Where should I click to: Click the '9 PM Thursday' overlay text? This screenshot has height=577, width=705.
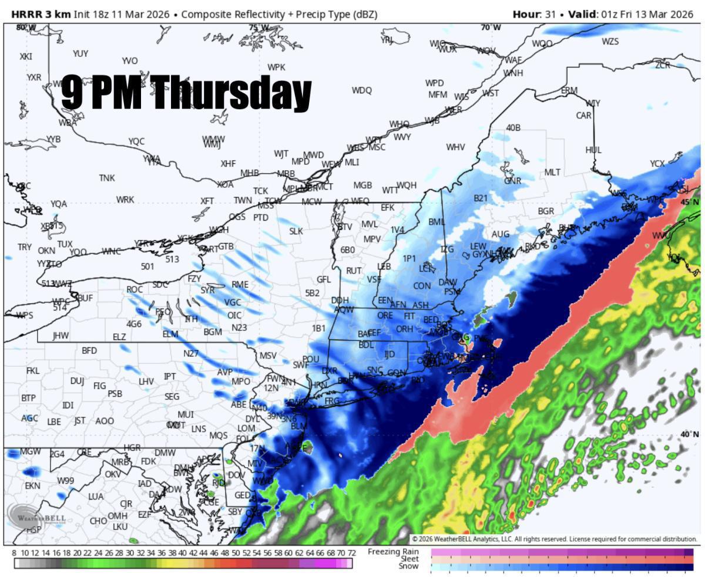(186, 92)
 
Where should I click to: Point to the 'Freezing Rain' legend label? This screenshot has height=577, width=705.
(393, 552)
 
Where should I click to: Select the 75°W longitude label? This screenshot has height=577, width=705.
(258, 28)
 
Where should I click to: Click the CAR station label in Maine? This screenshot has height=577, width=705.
(583, 116)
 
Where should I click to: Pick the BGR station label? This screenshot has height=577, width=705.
(546, 211)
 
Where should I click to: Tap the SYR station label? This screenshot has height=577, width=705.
(207, 290)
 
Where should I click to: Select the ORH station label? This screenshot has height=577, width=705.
(404, 329)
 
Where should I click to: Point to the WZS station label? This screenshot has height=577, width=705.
(610, 42)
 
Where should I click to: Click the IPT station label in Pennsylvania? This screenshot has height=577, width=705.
(170, 376)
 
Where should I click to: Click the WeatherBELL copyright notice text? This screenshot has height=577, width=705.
(554, 539)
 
